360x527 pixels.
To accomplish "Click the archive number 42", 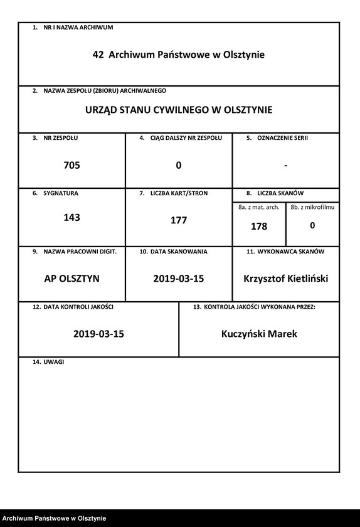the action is pos(98,55).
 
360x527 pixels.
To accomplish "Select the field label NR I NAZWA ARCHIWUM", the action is pos(78,28).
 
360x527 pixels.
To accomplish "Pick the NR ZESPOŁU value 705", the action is pos(71,166).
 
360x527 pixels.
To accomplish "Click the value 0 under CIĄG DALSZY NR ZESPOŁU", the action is pos(179,166).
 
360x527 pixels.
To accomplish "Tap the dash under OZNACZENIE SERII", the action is pos(285,166).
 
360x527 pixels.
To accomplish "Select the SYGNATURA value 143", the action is pos(71,218).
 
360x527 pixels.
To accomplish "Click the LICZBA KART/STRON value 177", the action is pos(179,221).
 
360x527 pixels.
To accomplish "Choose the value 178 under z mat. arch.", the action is pos(258,226).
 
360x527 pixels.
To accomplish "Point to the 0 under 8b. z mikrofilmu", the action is pos(312,225).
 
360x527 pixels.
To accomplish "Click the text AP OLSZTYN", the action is pos(71,279).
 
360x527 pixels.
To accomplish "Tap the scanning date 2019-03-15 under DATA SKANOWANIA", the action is pos(179,279).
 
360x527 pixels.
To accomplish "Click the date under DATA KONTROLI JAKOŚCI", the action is pos(98,334).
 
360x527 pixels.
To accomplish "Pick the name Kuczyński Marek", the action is pos(259,334).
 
